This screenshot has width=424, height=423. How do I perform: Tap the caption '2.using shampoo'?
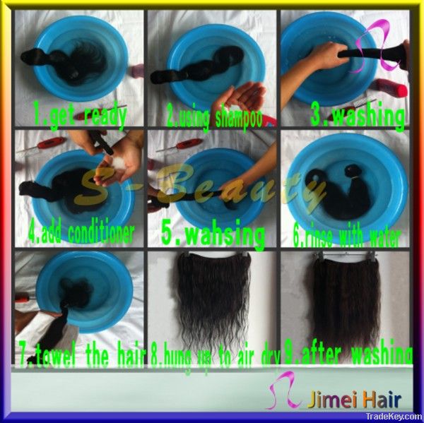(211, 117)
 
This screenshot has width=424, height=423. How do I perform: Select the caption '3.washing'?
(357, 116)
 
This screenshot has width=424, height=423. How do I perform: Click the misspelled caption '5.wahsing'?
(213, 234)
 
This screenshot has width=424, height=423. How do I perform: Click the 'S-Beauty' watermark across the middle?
(212, 185)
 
